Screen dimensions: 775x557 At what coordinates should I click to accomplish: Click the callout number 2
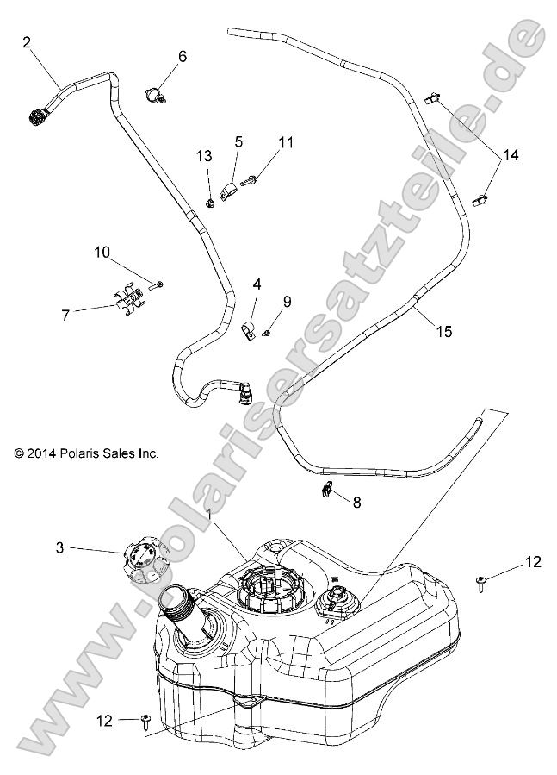27,41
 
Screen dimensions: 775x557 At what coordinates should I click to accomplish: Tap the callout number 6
182,57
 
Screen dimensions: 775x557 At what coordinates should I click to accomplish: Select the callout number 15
443,331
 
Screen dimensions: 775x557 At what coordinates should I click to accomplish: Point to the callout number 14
511,155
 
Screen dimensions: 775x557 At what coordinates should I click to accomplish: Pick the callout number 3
59,547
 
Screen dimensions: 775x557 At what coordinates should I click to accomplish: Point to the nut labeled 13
209,203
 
